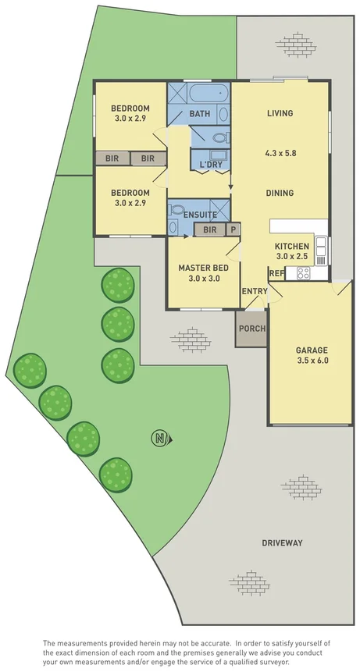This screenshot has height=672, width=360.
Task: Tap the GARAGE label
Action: (x=311, y=350)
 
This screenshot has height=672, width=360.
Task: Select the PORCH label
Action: (x=251, y=328)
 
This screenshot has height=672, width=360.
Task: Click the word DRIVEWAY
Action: (x=282, y=542)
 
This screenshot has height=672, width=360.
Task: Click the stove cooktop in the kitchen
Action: (x=302, y=273)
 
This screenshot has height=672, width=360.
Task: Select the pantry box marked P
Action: (x=233, y=229)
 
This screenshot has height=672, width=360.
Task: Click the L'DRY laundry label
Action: (x=211, y=165)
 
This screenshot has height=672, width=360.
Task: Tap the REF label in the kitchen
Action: (x=276, y=273)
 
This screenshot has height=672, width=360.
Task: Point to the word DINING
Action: (x=280, y=193)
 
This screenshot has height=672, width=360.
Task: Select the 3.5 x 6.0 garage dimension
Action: (x=311, y=361)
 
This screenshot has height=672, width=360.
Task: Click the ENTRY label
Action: (x=254, y=291)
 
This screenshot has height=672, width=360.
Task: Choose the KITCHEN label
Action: (x=291, y=246)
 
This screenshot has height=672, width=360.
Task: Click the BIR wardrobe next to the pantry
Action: (x=209, y=229)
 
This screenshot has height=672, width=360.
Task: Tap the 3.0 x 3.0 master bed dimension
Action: (x=203, y=278)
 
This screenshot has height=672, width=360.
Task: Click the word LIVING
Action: (x=280, y=113)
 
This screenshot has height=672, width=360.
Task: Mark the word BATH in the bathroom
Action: (x=200, y=114)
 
